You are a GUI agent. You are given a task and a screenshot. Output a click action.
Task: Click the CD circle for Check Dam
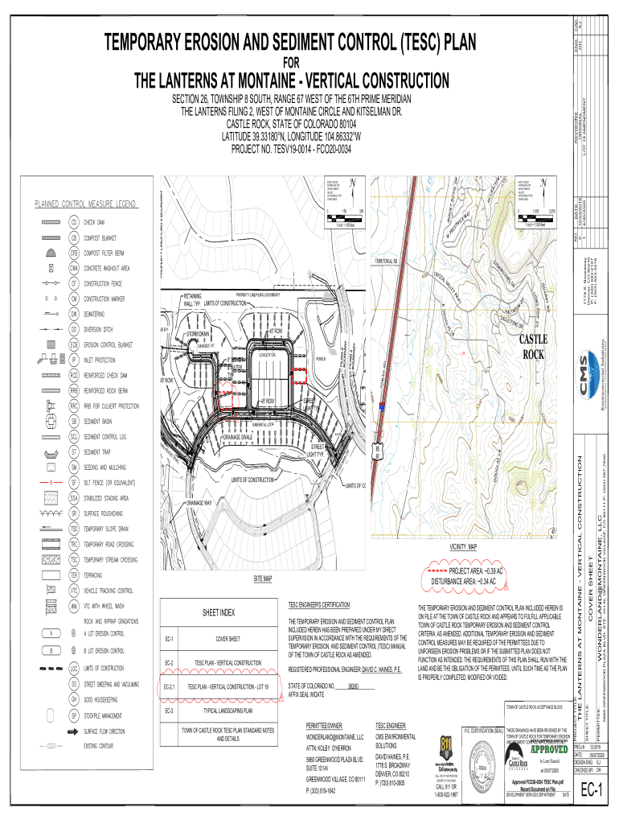tap(74, 221)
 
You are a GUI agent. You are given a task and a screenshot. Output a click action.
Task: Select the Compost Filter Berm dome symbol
tap(51, 252)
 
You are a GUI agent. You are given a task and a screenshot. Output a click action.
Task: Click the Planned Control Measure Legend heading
tap(84, 203)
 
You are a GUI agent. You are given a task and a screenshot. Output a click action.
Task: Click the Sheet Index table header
tap(218, 612)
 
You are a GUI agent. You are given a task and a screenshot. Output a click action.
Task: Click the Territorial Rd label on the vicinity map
tap(387, 262)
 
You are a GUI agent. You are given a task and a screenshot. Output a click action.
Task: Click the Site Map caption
tap(263, 579)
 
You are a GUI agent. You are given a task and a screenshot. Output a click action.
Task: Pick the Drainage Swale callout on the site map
tap(240, 436)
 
